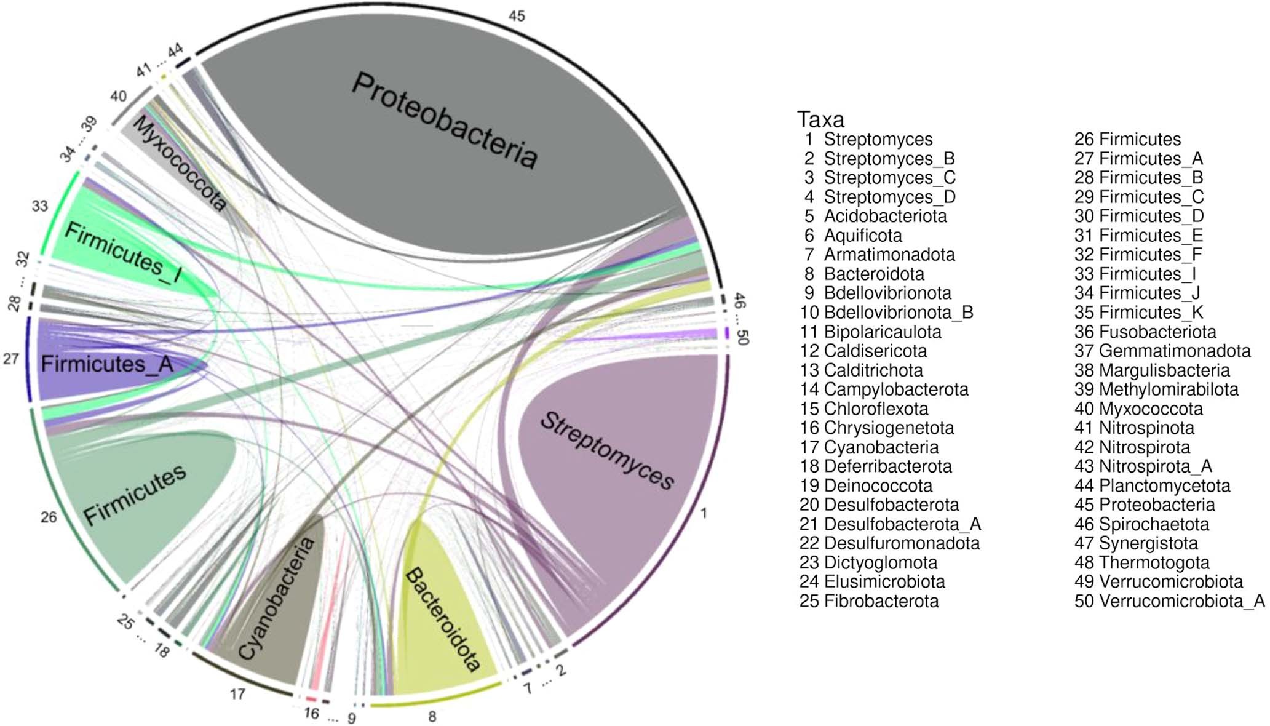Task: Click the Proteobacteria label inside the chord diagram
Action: click(x=444, y=121)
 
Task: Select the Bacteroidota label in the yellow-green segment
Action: click(x=442, y=619)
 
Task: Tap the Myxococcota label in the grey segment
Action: click(x=178, y=164)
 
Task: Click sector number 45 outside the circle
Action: click(x=517, y=15)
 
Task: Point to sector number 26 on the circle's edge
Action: click(x=49, y=517)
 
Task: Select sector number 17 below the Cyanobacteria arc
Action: click(x=237, y=695)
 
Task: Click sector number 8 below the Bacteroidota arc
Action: click(x=432, y=716)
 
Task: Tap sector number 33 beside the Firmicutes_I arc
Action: click(x=40, y=206)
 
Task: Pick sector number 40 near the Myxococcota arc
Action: click(x=118, y=96)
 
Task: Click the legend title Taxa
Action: click(x=820, y=119)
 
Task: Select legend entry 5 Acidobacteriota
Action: click(x=873, y=216)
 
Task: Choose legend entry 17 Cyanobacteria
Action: click(x=869, y=447)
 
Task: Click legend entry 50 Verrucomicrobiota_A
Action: click(x=1169, y=601)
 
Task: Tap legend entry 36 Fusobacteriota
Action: click(x=1145, y=332)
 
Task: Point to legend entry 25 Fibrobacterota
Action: click(x=869, y=601)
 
